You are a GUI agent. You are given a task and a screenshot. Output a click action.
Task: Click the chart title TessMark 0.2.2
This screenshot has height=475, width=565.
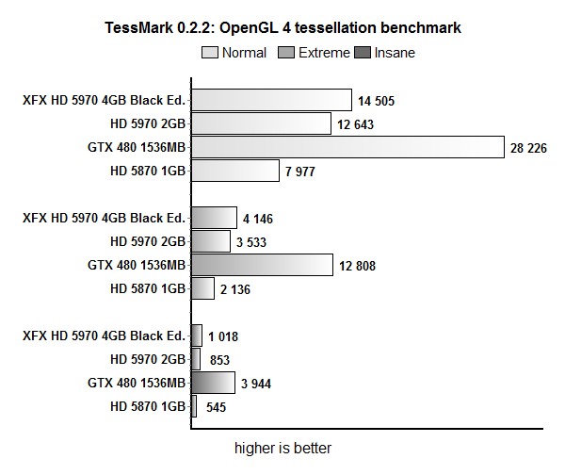pyautogui.click(x=282, y=29)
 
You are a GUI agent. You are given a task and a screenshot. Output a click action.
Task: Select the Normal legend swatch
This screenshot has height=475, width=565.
pyautogui.click(x=209, y=53)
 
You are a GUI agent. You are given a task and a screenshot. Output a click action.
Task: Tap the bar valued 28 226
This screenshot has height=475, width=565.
pyautogui.click(x=347, y=147)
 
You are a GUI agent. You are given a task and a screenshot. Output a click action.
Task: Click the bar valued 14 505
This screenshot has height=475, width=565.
pyautogui.click(x=271, y=100)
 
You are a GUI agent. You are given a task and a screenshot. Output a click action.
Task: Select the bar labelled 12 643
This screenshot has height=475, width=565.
pyautogui.click(x=261, y=123)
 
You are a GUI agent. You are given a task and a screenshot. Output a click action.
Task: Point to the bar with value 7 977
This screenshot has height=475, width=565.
pyautogui.click(x=235, y=171)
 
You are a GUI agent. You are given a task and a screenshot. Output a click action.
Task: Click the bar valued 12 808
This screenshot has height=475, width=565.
pyautogui.click(x=262, y=265)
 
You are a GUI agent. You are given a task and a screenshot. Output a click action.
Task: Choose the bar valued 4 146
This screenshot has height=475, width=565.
pyautogui.click(x=214, y=218)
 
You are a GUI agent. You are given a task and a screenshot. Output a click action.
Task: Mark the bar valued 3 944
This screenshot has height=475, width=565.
pyautogui.click(x=213, y=382)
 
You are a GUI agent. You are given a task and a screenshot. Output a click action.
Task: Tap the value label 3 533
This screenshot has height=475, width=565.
pyautogui.click(x=255, y=242)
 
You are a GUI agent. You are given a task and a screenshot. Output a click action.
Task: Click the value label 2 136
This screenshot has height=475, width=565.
pyautogui.click(x=234, y=289)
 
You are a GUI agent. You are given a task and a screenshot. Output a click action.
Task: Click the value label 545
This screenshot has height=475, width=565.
pyautogui.click(x=216, y=407)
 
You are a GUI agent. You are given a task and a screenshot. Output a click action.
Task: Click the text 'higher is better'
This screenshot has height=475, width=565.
pyautogui.click(x=282, y=448)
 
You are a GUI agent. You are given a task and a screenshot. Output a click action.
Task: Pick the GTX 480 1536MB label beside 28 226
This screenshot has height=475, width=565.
pyautogui.click(x=137, y=147)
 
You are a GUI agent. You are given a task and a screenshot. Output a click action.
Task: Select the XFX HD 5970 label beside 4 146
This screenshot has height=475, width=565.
pyautogui.click(x=105, y=218)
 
